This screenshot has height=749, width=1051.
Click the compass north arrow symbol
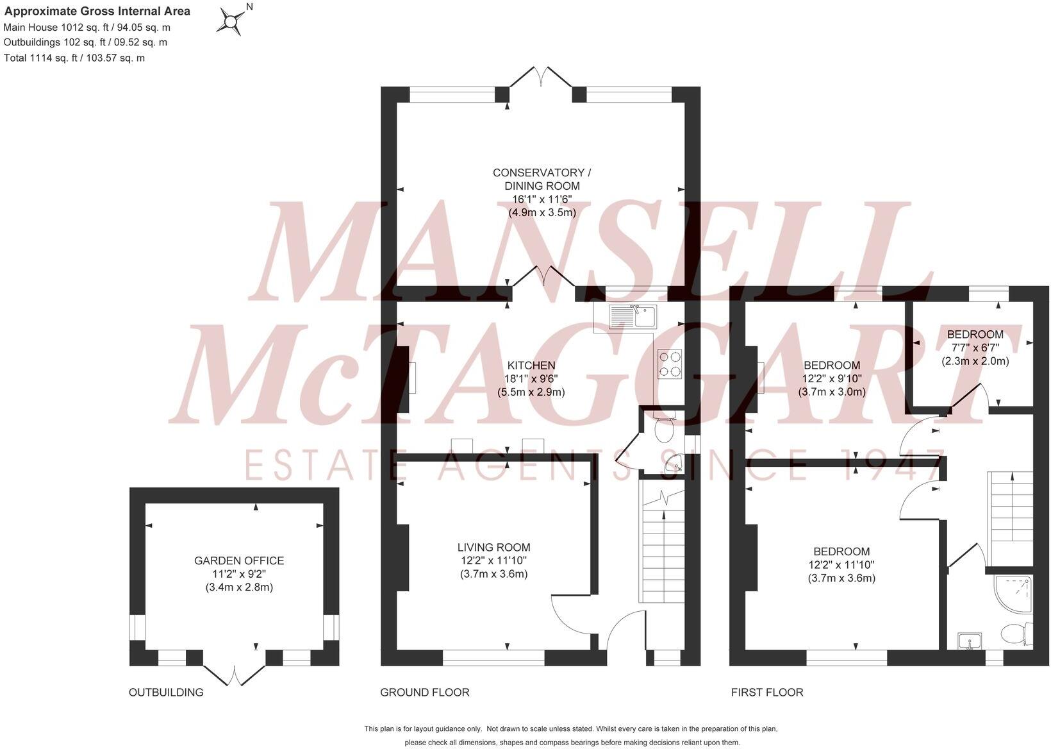(230, 21)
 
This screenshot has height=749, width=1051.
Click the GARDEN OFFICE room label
(239, 560)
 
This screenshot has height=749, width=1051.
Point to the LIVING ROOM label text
(493, 547)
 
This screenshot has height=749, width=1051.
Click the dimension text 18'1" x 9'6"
(531, 378)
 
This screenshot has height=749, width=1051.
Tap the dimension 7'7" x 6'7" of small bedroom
(975, 348)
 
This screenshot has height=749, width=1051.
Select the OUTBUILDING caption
(166, 693)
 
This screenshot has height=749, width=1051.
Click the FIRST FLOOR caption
(766, 693)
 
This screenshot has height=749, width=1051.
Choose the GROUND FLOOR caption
(424, 693)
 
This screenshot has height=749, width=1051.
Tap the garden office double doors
(235, 675)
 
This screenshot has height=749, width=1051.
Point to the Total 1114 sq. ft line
(74, 58)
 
